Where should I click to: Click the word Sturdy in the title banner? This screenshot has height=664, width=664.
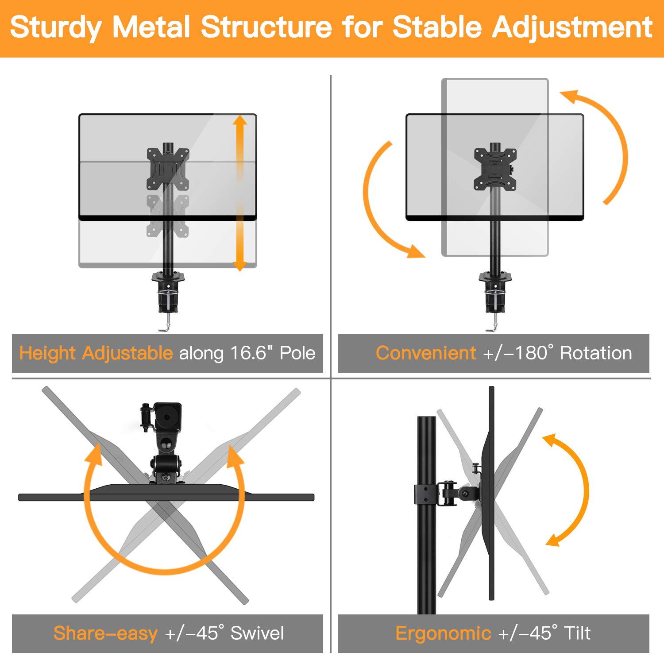(55, 27)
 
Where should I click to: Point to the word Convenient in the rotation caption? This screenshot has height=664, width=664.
(425, 353)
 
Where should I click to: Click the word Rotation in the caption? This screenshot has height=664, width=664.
(596, 353)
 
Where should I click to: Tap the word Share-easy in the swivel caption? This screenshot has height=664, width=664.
(105, 633)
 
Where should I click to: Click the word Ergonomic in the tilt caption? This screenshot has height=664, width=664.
(443, 633)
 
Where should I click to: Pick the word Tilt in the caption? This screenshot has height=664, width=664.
(577, 633)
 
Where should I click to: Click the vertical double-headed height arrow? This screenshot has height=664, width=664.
(239, 193)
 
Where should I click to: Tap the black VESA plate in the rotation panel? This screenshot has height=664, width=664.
(495, 169)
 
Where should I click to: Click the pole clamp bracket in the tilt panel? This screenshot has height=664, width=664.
(425, 494)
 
